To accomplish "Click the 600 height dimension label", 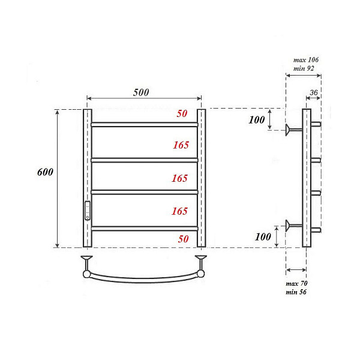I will pos(45,172).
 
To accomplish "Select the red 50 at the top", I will pos(182,114).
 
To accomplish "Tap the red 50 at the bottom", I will pos(183,238).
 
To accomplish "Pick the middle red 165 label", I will pos(179,178).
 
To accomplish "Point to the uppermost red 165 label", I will pos(179,145).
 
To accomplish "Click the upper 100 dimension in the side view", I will pos(257,119).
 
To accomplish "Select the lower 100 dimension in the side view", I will pos(262,236).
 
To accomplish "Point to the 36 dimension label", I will pos(313,92).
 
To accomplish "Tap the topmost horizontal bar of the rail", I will pos(144,125).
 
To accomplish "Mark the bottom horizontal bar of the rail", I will pos(144,227).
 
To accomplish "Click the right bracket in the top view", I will pos(201,264).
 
